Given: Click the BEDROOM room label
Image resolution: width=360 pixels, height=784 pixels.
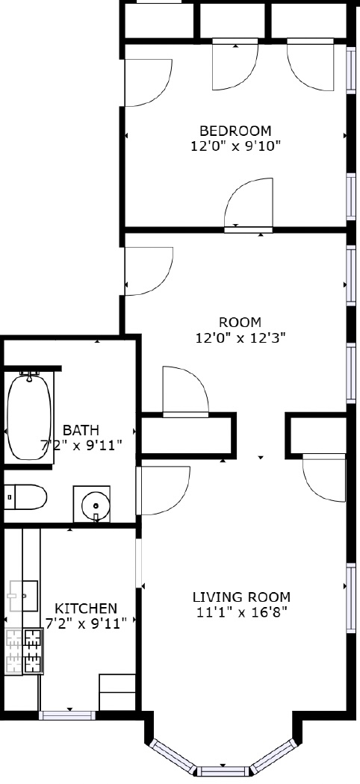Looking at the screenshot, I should coord(235,131).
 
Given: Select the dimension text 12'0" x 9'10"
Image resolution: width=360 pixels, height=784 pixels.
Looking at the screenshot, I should coord(235,146).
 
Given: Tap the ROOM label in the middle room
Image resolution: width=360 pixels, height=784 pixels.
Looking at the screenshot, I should coord(240,322).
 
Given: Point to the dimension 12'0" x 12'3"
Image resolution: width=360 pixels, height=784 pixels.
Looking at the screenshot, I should coord(240,337).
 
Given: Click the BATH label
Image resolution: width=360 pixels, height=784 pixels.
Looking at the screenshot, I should coord(81,430).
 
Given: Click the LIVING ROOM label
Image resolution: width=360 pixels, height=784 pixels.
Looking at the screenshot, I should coord(241,597).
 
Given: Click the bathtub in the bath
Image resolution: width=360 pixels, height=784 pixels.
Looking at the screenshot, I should coord(30,416).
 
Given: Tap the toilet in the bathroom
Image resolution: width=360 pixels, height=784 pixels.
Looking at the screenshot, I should coord(25,497).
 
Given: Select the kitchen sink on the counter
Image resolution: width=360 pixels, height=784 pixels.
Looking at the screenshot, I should coord(22,596).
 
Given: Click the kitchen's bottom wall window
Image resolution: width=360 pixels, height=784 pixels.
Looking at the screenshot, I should coord(68,715).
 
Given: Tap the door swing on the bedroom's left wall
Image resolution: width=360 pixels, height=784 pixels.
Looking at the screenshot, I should coord(147,82).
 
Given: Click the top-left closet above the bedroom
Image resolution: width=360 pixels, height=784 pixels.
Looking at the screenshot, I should coord(159,21).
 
